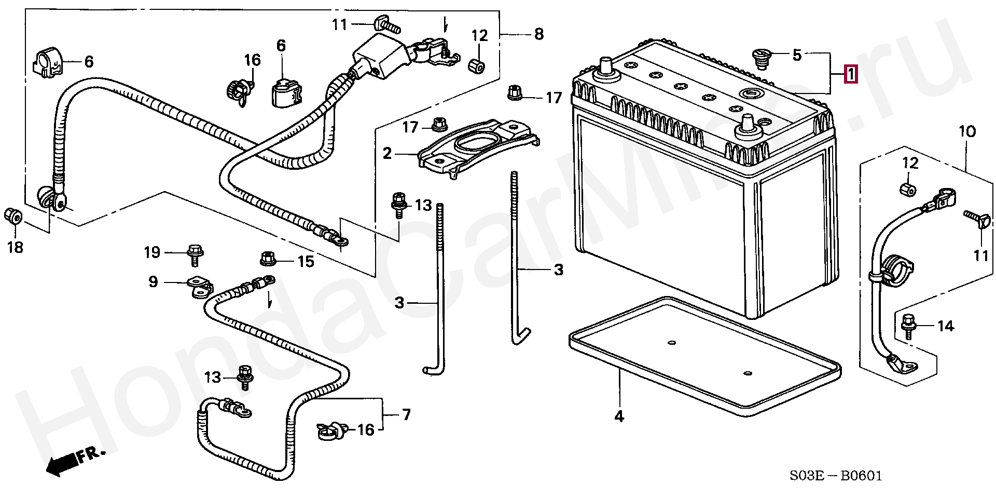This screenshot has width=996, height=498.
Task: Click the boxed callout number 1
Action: [850, 75]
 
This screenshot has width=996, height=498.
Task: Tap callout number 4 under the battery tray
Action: [619, 416]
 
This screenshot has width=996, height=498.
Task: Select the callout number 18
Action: [15, 247]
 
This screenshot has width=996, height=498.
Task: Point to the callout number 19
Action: [152, 252]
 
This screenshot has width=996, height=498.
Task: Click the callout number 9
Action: [153, 282]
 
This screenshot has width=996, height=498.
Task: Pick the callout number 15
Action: [306, 261]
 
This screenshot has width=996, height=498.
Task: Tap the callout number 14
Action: [946, 326]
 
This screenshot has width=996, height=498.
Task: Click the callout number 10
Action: [967, 131]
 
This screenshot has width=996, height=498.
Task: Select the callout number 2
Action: [388, 153]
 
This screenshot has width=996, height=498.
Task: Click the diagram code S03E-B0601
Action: [835, 476]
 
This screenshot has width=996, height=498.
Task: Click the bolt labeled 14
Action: [908, 326]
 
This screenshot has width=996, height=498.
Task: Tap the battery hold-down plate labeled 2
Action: [477, 148]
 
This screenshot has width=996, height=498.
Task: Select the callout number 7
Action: [406, 414]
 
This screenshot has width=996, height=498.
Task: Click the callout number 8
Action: [539, 34]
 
